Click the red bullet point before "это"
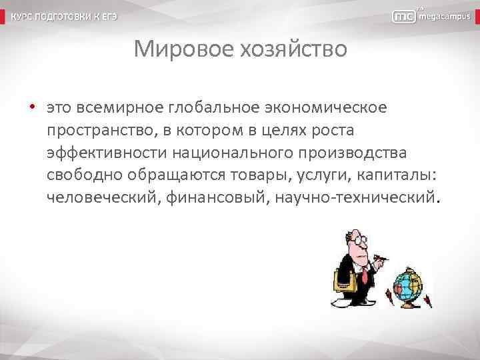[31, 107]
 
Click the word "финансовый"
[224, 198]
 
